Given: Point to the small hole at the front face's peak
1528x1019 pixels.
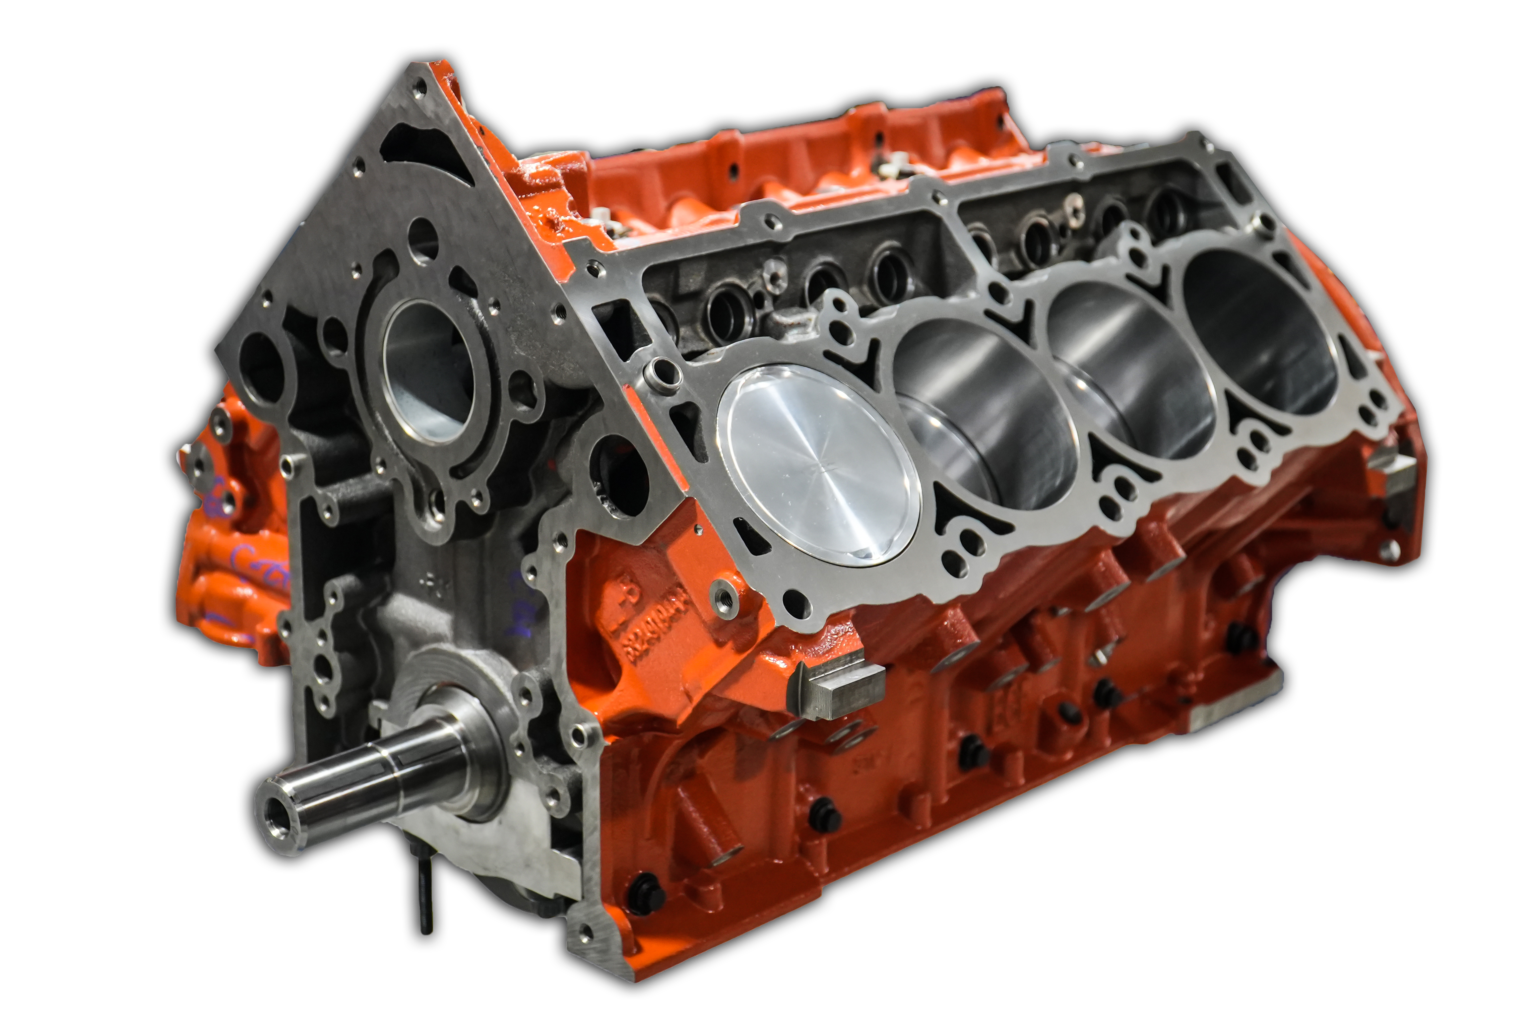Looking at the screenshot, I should tap(419, 87).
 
